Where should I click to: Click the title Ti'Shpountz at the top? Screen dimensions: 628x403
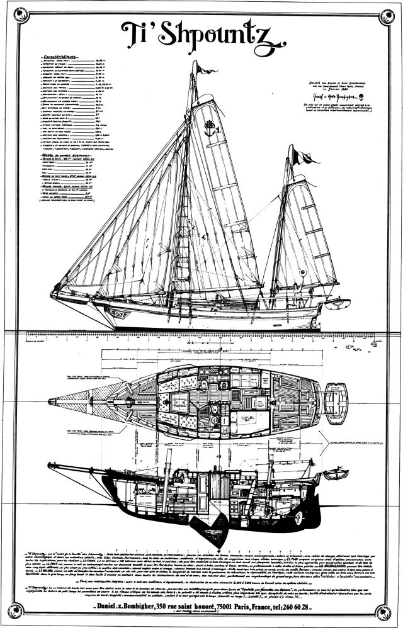(x=201, y=33)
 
